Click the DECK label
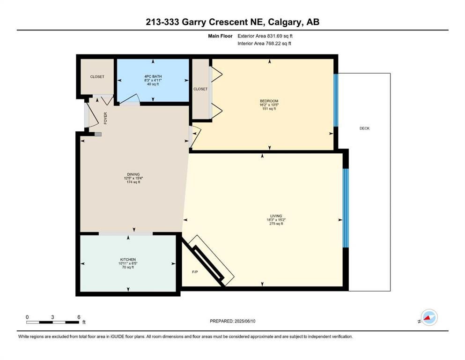[364, 128]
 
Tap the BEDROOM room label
[269, 101]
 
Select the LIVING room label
[276, 216]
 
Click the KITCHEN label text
[128, 260]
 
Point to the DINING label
[133, 174]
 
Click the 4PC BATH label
[153, 76]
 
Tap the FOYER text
[105, 118]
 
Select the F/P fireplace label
[195, 272]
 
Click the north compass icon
[429, 317]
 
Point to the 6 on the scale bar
[79, 317]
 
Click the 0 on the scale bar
[27, 317]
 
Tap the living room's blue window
[346, 208]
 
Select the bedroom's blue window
[336, 100]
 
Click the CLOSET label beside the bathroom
[97, 77]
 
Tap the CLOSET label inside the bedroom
[200, 89]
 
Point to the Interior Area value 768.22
[272, 43]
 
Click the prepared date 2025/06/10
[245, 321]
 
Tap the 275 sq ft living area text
[276, 224]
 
